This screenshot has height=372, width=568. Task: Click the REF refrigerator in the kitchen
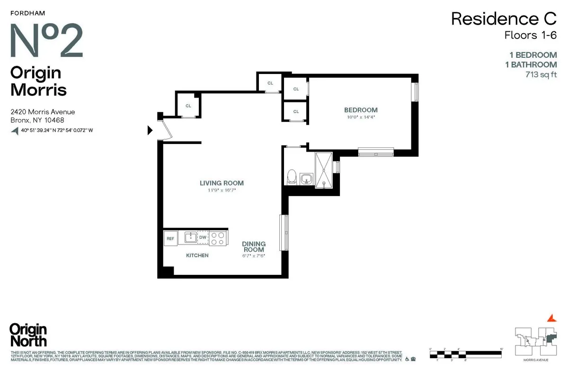pyautogui.click(x=170, y=238)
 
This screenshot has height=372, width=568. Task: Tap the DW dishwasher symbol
pyautogui.click(x=203, y=237)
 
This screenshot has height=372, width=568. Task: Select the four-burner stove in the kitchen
pyautogui.click(x=218, y=238)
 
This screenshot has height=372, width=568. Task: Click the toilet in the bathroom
pyautogui.click(x=292, y=177)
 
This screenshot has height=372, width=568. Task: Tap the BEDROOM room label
pyautogui.click(x=361, y=110)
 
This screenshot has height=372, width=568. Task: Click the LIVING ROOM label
pyautogui.click(x=222, y=183)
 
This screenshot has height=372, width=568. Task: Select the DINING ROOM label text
pyautogui.click(x=253, y=246)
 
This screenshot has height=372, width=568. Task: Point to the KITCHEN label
pyautogui.click(x=197, y=255)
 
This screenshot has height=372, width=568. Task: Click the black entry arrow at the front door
pyautogui.click(x=151, y=130)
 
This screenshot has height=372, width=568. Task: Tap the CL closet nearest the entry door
pyautogui.click(x=188, y=106)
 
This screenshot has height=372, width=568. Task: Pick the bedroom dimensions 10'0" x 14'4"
pyautogui.click(x=361, y=117)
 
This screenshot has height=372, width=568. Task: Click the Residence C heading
pyautogui.click(x=504, y=19)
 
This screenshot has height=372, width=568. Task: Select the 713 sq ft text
pyautogui.click(x=541, y=74)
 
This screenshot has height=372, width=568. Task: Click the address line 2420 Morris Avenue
pyautogui.click(x=43, y=112)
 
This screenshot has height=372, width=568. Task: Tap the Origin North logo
pyautogui.click(x=28, y=335)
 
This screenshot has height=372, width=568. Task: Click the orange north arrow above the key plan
pyautogui.click(x=550, y=318)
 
